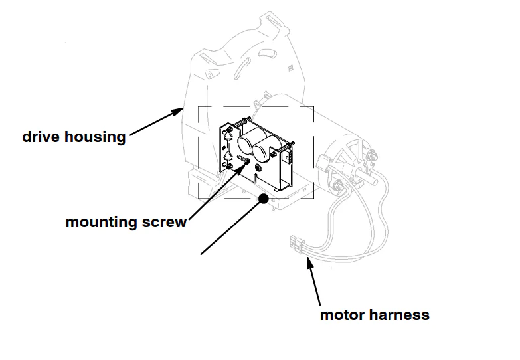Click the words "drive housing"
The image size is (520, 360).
(74, 137)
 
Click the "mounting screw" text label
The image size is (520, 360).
(126, 222)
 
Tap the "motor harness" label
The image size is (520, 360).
(375, 314)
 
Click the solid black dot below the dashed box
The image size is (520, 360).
(264, 198)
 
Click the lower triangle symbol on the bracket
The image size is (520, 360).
(228, 157)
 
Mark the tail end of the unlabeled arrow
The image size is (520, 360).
(201, 253)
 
